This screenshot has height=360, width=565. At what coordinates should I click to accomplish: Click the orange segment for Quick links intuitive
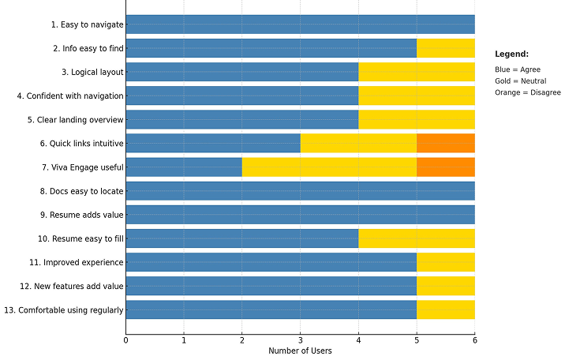click(446, 143)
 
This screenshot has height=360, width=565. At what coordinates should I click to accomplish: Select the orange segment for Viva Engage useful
click(446, 167)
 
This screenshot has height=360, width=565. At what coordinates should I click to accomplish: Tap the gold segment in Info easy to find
click(446, 48)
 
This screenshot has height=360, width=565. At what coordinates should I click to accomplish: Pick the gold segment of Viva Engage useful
click(329, 167)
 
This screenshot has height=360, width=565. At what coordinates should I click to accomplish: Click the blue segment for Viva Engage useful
click(184, 167)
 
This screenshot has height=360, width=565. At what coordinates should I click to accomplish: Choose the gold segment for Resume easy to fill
click(417, 238)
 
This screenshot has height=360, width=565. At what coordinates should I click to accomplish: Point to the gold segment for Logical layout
click(417, 72)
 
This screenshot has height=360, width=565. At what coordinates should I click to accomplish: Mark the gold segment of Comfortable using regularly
click(446, 309)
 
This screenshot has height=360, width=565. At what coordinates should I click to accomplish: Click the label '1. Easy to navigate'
click(87, 24)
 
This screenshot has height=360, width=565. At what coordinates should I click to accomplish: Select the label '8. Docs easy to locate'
click(81, 191)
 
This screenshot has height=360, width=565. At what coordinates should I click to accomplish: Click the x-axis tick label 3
click(300, 340)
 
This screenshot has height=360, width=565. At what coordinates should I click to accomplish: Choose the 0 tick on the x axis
click(125, 340)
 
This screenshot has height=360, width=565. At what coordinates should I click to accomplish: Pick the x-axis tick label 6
click(474, 340)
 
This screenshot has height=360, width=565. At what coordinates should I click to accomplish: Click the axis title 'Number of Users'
click(300, 351)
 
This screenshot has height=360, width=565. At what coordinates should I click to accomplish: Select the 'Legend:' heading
click(511, 54)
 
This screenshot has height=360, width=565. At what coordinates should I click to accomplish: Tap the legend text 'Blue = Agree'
click(518, 69)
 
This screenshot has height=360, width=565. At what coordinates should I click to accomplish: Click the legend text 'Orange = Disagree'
click(527, 93)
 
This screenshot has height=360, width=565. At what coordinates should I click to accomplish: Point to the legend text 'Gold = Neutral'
click(521, 81)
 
